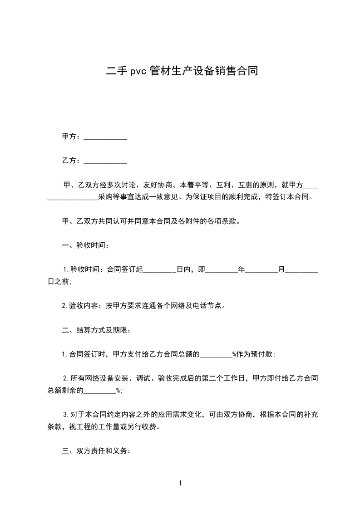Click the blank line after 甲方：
(105, 137)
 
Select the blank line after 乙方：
(105, 161)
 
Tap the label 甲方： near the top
(71, 137)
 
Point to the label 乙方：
(71, 161)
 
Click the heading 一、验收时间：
(85, 246)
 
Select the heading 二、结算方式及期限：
(97, 330)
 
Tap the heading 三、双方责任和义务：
(97, 451)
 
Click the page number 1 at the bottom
(180, 483)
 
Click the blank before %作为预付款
(216, 355)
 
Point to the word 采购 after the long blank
(105, 197)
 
